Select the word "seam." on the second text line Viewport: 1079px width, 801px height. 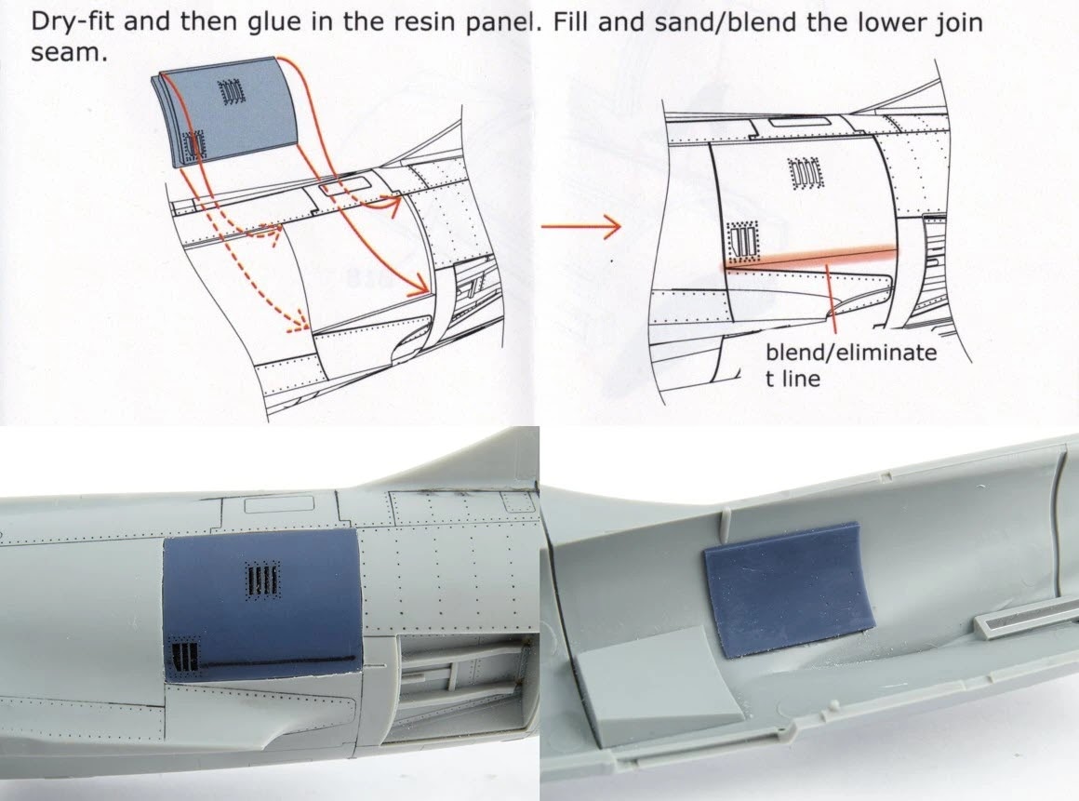70,54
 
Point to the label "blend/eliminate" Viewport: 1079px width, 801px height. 851,353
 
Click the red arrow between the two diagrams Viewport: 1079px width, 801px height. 580,226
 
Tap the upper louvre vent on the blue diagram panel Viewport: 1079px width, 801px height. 231,91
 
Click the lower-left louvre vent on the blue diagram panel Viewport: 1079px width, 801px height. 193,144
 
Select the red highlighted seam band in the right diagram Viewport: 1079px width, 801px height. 809,259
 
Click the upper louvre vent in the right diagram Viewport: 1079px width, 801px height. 805,174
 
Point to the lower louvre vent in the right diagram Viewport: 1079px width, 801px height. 743,241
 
